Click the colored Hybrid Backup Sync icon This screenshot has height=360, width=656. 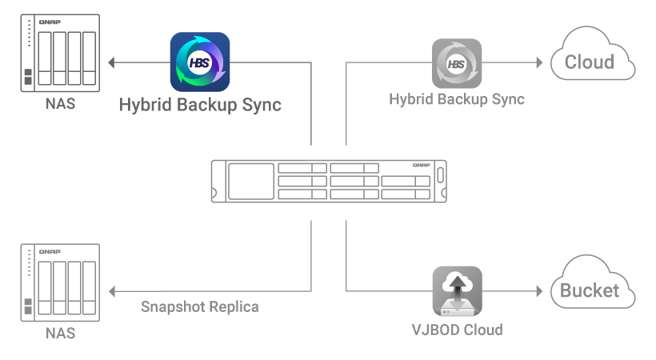[x=200, y=62]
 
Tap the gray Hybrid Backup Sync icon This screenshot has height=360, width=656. [x=457, y=63]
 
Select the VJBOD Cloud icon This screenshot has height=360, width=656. [x=457, y=290]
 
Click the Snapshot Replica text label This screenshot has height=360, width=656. [x=200, y=306]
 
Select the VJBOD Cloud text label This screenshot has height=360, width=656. [x=457, y=329]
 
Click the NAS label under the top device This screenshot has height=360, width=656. [x=60, y=104]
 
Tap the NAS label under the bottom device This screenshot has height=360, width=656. [x=60, y=333]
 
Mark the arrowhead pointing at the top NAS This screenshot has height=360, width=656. [x=112, y=62]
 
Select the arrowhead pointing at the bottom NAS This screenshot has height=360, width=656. [x=112, y=290]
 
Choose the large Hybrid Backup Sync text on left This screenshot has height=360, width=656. [x=200, y=105]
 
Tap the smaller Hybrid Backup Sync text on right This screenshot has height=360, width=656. [x=457, y=100]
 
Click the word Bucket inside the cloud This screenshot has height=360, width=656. [x=590, y=290]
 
